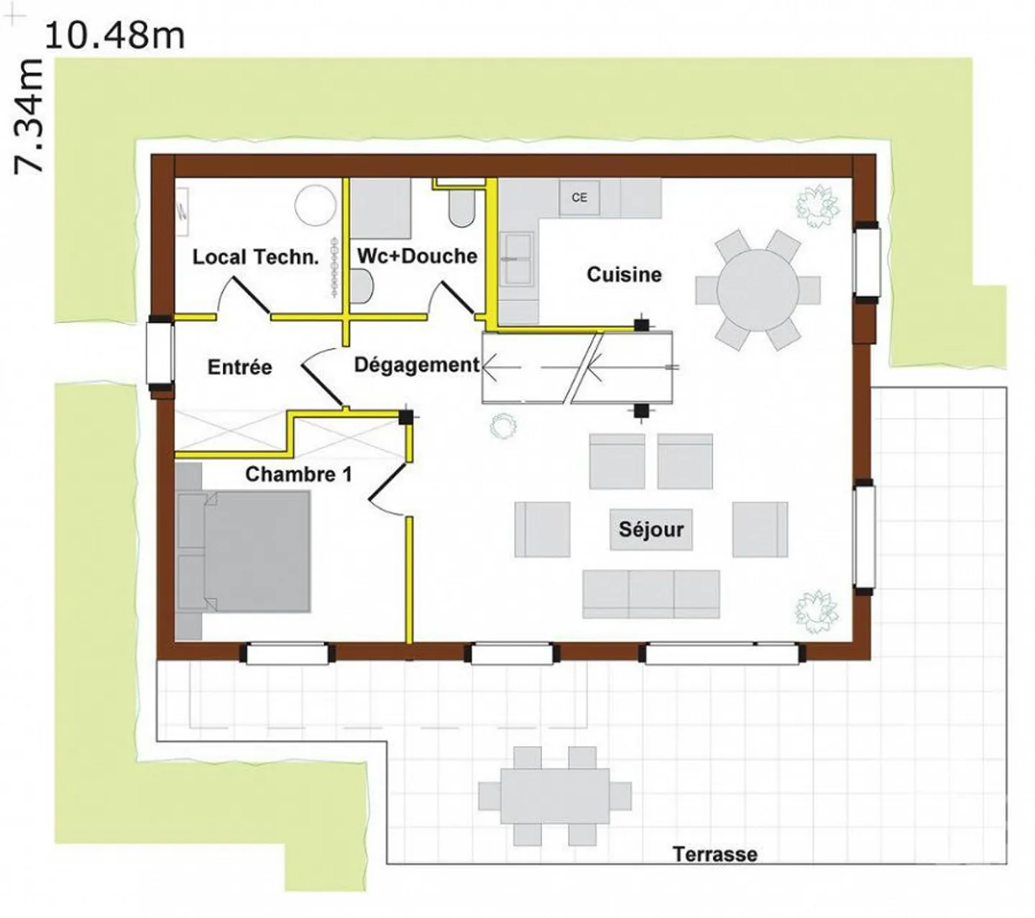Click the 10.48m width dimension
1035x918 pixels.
tap(115, 36)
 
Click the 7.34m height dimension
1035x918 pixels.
tap(29, 116)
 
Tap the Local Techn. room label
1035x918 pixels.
tap(255, 257)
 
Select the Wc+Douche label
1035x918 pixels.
tap(417, 256)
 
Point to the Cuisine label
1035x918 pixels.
tap(624, 275)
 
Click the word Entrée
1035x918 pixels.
tap(239, 367)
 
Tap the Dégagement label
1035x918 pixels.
tap(417, 366)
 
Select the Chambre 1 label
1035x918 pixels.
tap(298, 474)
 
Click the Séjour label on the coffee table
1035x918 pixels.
tap(651, 530)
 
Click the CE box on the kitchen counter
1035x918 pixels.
tap(579, 197)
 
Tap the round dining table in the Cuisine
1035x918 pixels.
tap(758, 290)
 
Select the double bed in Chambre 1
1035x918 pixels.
tap(243, 551)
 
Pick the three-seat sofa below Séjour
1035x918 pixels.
tap(651, 594)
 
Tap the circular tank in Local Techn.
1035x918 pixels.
tap(316, 204)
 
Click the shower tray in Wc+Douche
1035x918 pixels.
tap(381, 208)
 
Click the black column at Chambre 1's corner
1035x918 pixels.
tap(405, 417)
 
